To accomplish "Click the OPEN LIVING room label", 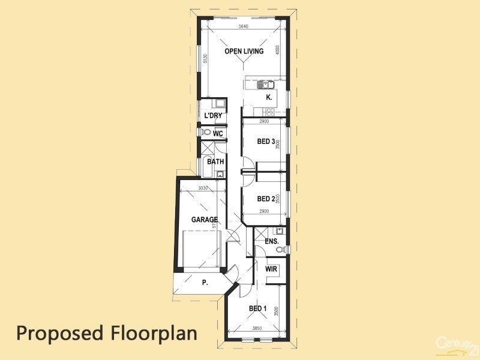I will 244,52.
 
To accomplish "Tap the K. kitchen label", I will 269,97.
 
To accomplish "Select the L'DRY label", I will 213,116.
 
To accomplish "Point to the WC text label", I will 218,133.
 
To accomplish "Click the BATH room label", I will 215,161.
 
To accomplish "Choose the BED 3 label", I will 266,142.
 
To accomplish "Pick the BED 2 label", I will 266,199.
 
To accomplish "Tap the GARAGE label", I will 204,220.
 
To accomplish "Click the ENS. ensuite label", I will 272,242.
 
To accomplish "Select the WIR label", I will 272,270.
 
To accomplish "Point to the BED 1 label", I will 258,309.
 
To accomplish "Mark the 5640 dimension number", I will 244,27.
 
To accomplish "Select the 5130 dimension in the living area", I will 205,58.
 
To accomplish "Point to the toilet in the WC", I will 206,132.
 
